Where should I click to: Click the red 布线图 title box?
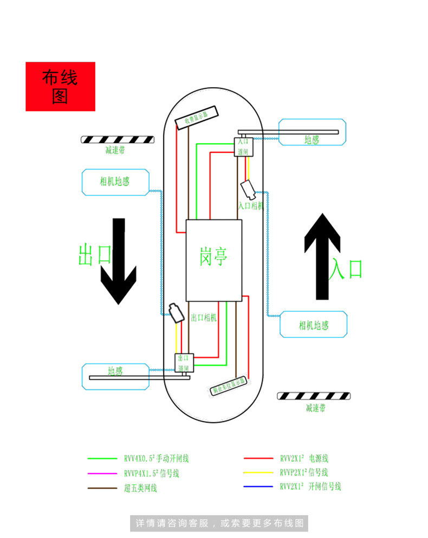pyautogui.click(x=60, y=87)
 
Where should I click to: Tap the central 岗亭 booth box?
pyautogui.click(x=213, y=260)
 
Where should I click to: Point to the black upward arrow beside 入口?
pyautogui.click(x=322, y=256)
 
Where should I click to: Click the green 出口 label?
pyautogui.click(x=94, y=255)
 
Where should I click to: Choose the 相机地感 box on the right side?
pyautogui.click(x=313, y=325)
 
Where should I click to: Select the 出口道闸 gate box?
pyautogui.click(x=184, y=362)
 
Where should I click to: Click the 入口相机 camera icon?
pyautogui.click(x=249, y=189)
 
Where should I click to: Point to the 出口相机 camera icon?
pyautogui.click(x=175, y=313)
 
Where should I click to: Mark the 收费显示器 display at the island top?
pyautogui.click(x=197, y=118)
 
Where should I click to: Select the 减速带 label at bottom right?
pyautogui.click(x=315, y=408)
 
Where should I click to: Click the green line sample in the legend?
pyautogui.click(x=102, y=458)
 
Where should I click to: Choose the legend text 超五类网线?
pyautogui.click(x=140, y=489)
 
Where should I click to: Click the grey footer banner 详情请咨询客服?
pyautogui.click(x=219, y=523)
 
